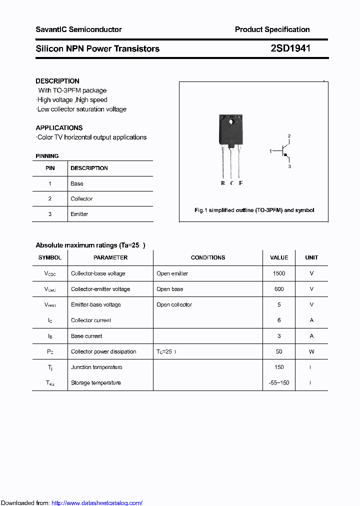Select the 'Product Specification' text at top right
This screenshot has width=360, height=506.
pos(272,29)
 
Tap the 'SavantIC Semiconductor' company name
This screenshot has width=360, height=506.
pos(78,29)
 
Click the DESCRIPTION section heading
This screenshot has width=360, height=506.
pos(57,81)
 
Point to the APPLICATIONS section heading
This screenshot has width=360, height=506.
pos(59,127)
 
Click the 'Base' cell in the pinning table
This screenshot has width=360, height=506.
pos(77,183)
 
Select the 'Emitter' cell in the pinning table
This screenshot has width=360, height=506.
pos(79,214)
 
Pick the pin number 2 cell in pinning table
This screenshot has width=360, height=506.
pos(50,198)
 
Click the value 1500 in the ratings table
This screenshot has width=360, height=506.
pos(279,273)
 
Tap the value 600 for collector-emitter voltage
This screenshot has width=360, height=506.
pos(279,289)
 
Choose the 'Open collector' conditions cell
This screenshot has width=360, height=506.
pos(174,304)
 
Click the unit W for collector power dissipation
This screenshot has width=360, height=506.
pos(311,351)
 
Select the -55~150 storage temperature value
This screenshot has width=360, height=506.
pos(279,382)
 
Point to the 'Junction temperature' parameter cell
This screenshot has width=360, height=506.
pos(96,367)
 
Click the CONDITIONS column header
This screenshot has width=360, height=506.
pos(208,257)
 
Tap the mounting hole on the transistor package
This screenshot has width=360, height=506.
pos(231,121)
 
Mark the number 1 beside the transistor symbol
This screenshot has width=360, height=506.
pos(270,150)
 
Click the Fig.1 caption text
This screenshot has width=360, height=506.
pos(254,210)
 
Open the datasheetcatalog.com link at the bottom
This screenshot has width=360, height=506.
pos(97,503)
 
